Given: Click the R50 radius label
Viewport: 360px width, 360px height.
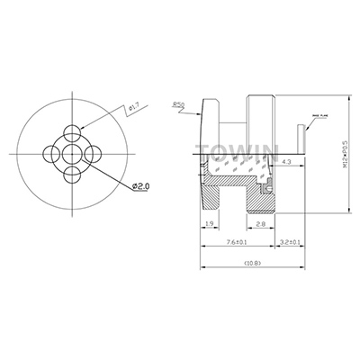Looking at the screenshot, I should point(178,105).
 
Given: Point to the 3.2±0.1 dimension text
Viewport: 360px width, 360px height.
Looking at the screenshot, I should point(290,243).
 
